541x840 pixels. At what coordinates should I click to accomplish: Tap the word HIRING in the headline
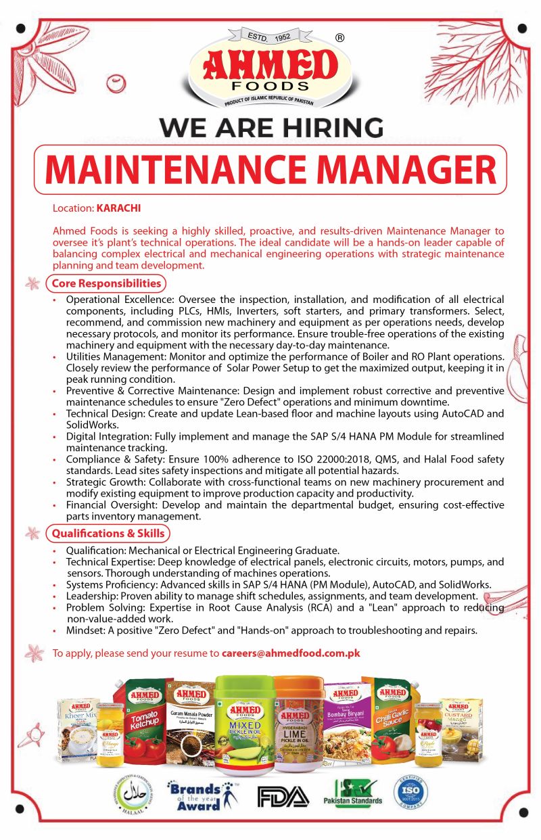333,127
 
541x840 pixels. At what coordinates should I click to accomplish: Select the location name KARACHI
119,208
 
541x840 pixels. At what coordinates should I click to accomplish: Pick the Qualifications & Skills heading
108,534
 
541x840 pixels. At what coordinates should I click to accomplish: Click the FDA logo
283,796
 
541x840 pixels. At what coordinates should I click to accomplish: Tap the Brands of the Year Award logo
203,796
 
